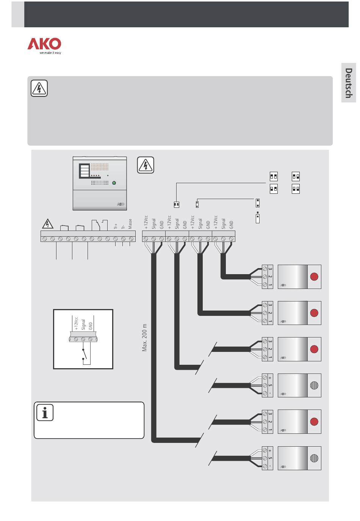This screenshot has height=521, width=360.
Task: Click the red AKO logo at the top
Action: click(44, 44)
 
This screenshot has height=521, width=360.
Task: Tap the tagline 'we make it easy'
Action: click(50, 53)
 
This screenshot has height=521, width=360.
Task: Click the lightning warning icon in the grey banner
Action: click(39, 88)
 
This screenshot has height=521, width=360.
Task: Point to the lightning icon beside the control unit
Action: click(146, 165)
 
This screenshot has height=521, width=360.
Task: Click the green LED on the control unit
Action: click(114, 183)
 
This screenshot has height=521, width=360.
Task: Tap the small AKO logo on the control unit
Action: click(121, 204)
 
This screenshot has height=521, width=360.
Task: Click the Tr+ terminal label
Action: click(116, 226)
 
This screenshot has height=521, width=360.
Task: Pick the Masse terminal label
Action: click(130, 224)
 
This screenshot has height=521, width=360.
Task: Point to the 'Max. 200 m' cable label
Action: click(144, 337)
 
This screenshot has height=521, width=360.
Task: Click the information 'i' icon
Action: click(45, 413)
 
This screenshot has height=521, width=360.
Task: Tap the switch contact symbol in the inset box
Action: click(85, 355)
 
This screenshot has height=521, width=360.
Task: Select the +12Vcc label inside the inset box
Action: click(76, 323)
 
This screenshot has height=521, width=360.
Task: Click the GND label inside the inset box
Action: click(91, 326)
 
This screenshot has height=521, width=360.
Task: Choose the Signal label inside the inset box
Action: click(83, 325)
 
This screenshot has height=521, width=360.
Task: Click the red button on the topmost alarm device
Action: click(314, 277)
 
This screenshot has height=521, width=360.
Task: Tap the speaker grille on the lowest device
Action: click(314, 458)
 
